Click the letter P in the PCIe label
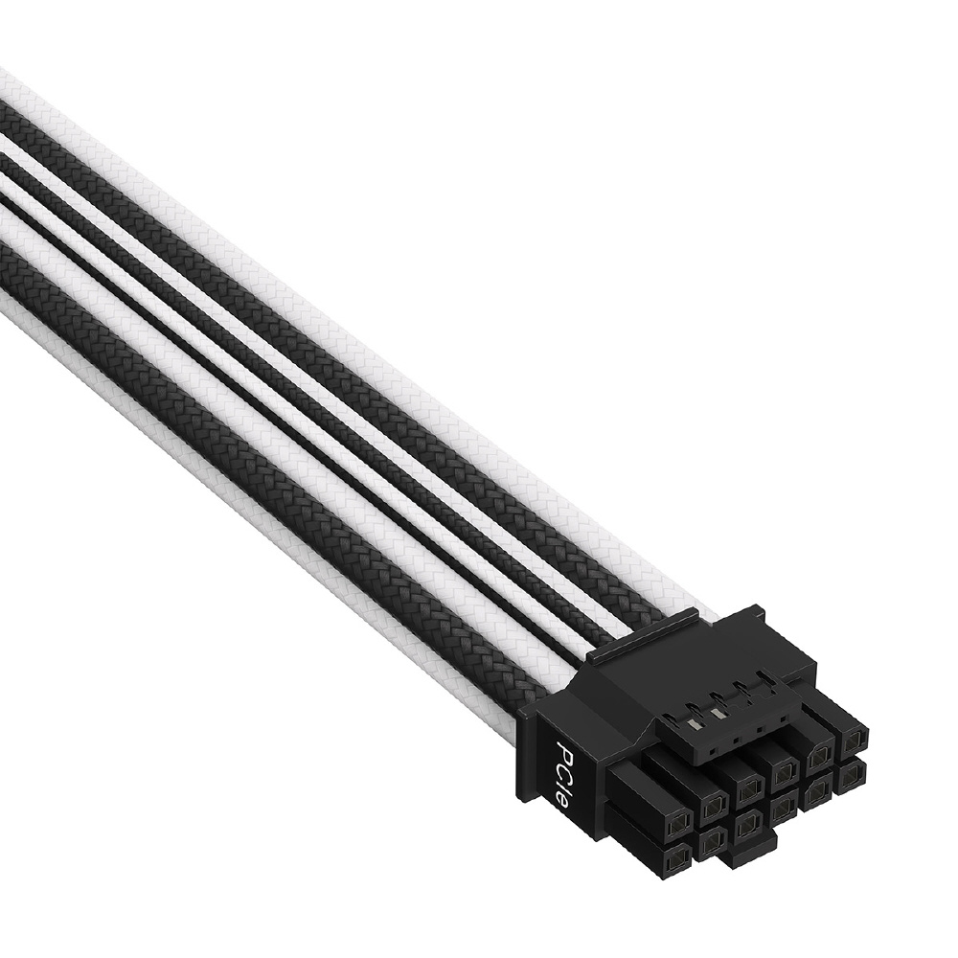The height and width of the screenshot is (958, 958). coord(565,750)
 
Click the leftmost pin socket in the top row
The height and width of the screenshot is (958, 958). coord(678,829)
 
